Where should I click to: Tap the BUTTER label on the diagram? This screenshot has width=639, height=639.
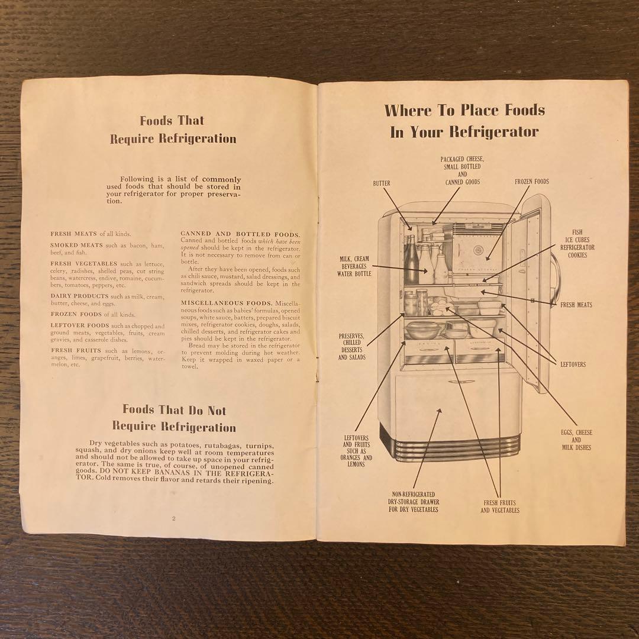(x=382, y=183)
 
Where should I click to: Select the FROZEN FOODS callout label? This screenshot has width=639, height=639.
(x=531, y=182)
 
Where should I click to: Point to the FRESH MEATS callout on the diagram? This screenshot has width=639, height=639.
(x=576, y=305)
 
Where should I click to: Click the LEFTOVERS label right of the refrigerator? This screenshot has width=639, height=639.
(x=573, y=364)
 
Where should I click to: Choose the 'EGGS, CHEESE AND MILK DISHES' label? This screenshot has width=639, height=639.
(x=576, y=440)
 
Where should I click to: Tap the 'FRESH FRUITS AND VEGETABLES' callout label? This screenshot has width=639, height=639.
(x=500, y=506)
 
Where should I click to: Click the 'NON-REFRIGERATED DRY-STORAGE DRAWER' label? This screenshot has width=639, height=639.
(x=414, y=502)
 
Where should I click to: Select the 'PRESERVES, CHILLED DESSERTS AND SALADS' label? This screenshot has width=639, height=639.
(x=352, y=347)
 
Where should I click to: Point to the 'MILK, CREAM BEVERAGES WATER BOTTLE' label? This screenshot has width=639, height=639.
(x=353, y=267)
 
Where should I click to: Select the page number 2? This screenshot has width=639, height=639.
(x=173, y=518)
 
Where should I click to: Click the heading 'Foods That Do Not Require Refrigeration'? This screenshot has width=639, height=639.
(x=174, y=418)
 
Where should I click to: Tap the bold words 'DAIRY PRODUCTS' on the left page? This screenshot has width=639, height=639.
(x=79, y=296)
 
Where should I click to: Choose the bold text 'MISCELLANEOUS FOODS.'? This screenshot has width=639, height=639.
(x=218, y=302)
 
